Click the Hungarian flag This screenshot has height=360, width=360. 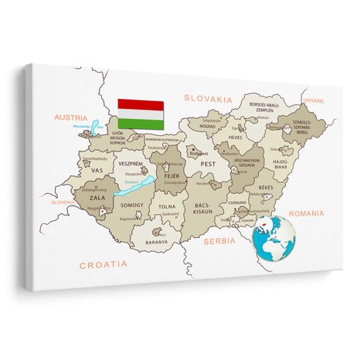140,113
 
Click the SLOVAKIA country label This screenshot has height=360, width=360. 208,98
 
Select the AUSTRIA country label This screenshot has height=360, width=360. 71,117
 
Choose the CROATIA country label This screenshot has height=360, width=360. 103,263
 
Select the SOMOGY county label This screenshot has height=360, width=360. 132,205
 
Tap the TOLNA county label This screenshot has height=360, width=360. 168,206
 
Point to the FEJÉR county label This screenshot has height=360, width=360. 171,176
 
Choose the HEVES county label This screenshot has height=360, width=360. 236,137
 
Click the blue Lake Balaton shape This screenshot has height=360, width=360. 141,185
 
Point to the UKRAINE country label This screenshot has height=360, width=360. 314,100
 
